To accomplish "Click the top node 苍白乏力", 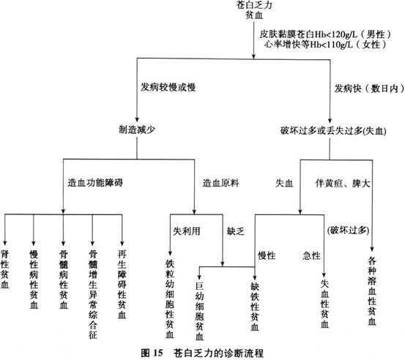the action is tap(254, 5).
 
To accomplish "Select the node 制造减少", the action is tap(137, 130).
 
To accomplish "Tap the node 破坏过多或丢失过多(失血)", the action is tap(333, 131).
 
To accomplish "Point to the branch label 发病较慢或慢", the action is tap(168, 88).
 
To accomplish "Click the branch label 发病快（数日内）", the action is tap(369, 89).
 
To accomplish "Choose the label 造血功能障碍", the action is tap(95, 183).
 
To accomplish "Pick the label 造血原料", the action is tap(220, 183).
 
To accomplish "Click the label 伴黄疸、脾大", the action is tap(343, 184).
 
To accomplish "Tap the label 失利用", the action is tap(187, 231).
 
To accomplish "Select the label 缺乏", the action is tap(236, 231).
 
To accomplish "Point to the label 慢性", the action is tap(267, 255).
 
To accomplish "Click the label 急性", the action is tap(311, 256).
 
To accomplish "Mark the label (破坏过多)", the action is tap(348, 230).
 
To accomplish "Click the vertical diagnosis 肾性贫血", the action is tap(4, 269).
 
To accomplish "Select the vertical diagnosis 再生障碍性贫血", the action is tap(122, 285).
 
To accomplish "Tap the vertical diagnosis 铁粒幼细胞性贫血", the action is tap(170, 299).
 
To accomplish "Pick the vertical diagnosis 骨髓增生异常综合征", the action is tap(93, 294).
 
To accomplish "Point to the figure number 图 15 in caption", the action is tap(152, 353).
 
